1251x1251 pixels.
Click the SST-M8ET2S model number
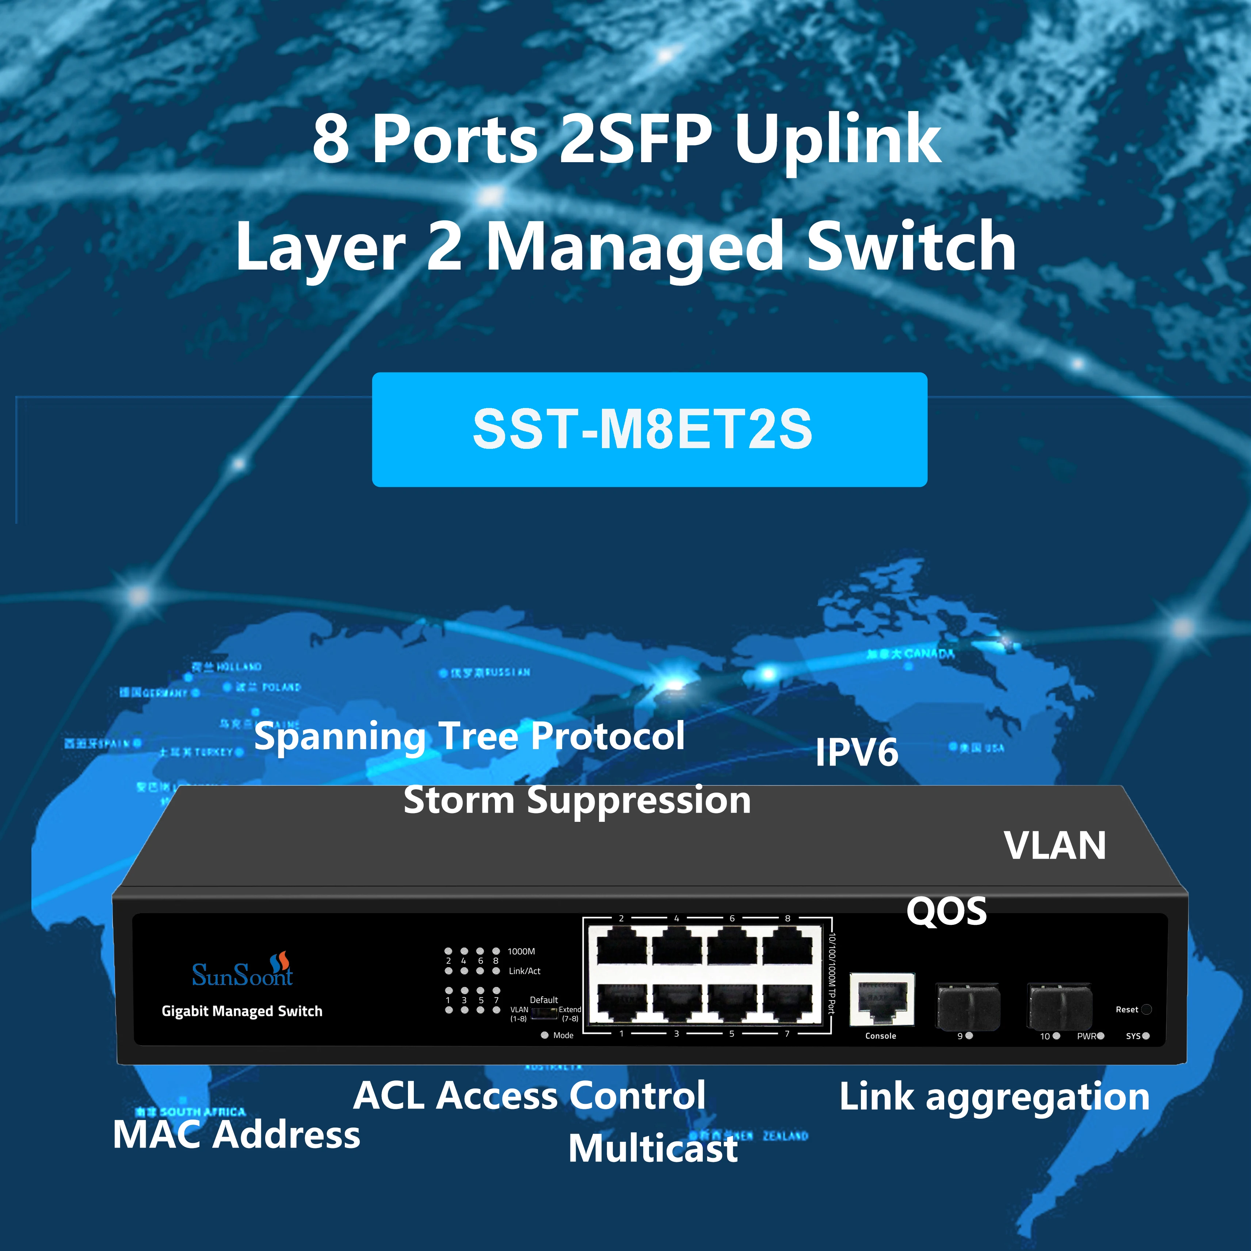pyautogui.click(x=642, y=429)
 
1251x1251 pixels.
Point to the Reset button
pyautogui.click(x=1146, y=1010)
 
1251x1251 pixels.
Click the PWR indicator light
pyautogui.click(x=1100, y=1036)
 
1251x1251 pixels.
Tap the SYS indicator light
pyautogui.click(x=1146, y=1036)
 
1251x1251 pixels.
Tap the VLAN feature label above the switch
pyautogui.click(x=1055, y=846)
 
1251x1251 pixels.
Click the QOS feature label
pyautogui.click(x=946, y=911)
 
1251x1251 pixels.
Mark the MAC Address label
pyautogui.click(x=236, y=1134)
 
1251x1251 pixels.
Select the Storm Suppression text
pyautogui.click(x=577, y=800)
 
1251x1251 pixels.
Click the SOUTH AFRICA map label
pyautogui.click(x=202, y=1112)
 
